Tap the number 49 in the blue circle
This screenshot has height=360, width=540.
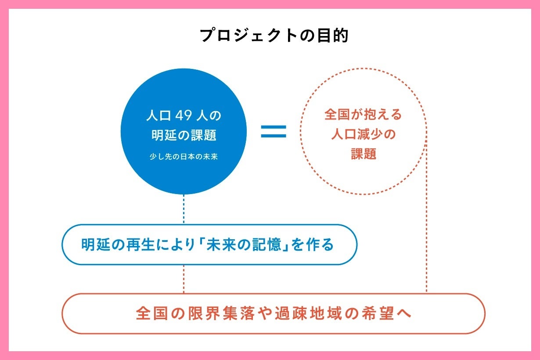181,116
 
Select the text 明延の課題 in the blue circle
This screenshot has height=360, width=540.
184,135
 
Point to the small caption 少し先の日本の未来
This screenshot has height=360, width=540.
184,156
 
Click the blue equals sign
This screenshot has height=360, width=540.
274,131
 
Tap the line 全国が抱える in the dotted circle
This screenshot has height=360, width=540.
363,115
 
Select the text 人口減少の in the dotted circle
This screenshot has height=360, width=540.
363,134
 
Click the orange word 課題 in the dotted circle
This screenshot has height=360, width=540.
364,154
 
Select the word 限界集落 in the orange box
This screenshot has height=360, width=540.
216,314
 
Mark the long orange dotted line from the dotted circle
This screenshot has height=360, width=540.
426,220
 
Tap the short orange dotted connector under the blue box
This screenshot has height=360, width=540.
184,279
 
